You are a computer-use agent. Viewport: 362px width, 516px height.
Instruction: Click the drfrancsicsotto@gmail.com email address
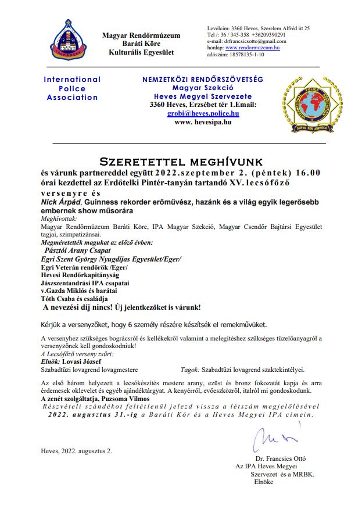245,41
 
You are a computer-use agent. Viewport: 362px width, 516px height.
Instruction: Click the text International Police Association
72,88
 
